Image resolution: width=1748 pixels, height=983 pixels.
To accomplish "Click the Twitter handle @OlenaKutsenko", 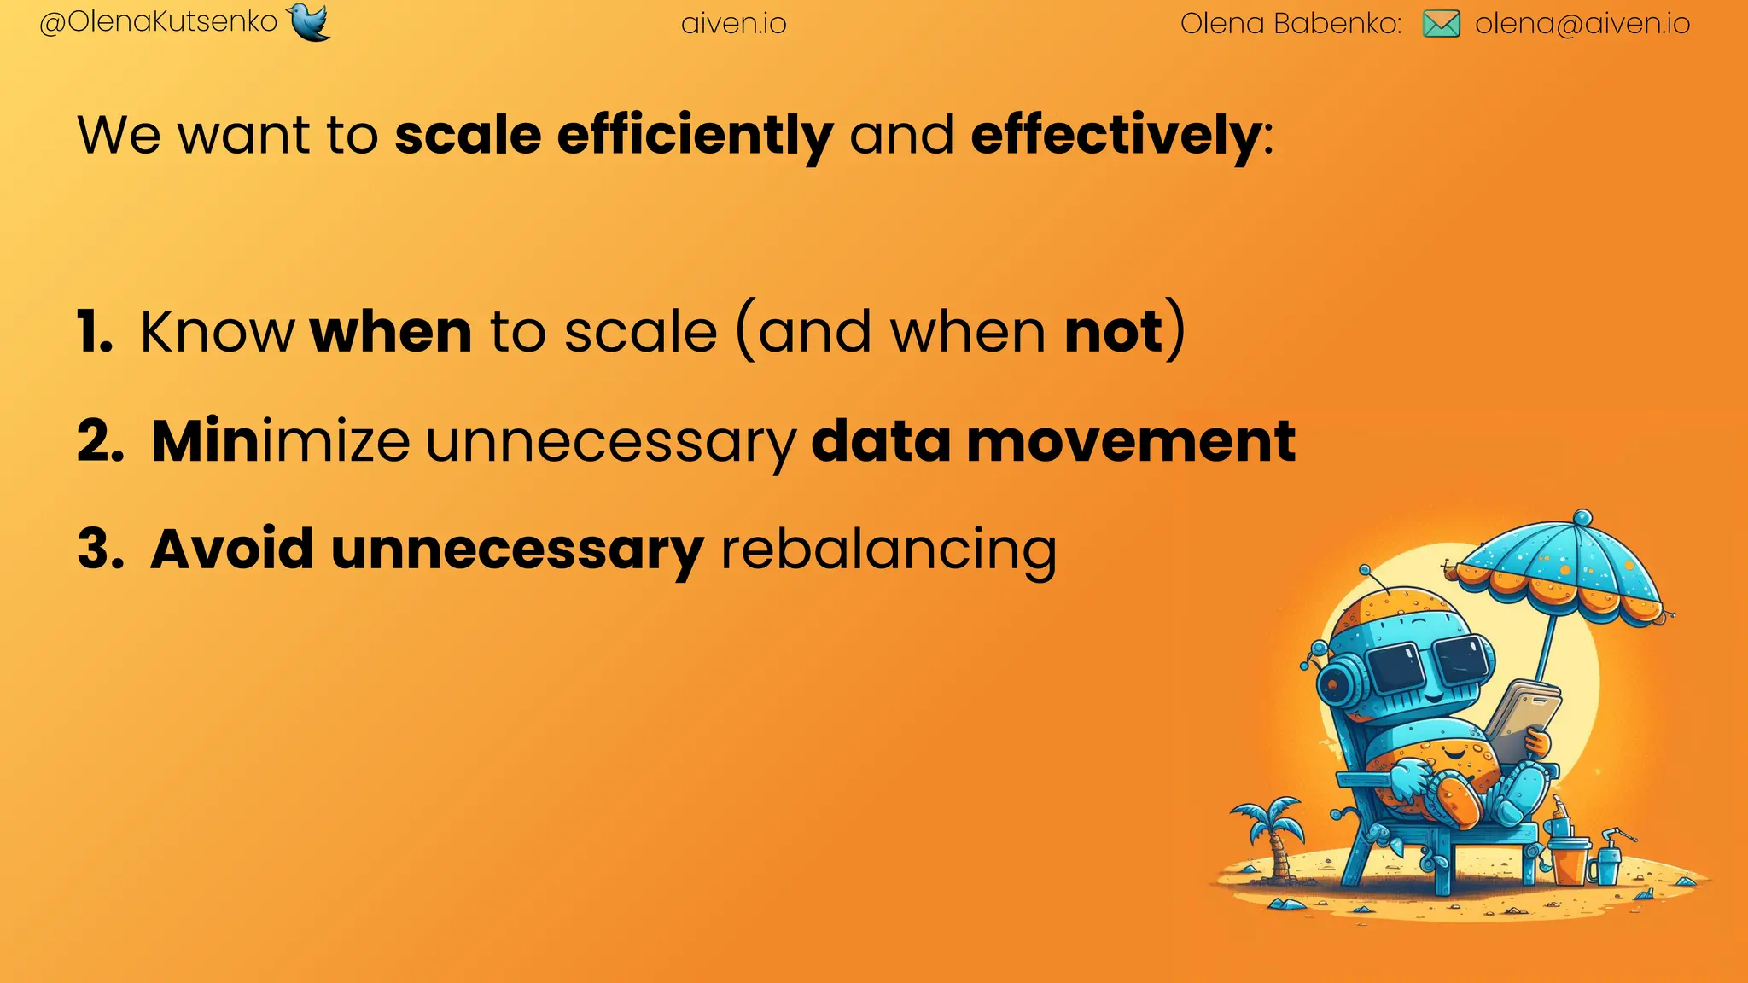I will [x=159, y=22].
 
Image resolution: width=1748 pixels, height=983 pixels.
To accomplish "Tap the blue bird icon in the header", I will [x=309, y=21].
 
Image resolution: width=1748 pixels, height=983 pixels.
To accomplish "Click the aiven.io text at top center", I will [x=734, y=24].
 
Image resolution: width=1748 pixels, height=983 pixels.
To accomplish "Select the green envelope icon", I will [x=1442, y=24].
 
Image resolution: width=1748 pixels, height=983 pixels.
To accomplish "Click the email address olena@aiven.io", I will [x=1582, y=24].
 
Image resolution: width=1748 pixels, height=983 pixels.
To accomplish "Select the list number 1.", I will [x=94, y=332].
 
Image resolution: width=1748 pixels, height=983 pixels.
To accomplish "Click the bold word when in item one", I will [x=391, y=332].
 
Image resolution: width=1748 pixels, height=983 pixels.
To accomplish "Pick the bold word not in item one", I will [x=1114, y=332].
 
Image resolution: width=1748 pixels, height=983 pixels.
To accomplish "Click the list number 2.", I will [x=101, y=442].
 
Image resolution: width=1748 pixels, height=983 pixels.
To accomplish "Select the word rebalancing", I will [x=889, y=550].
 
